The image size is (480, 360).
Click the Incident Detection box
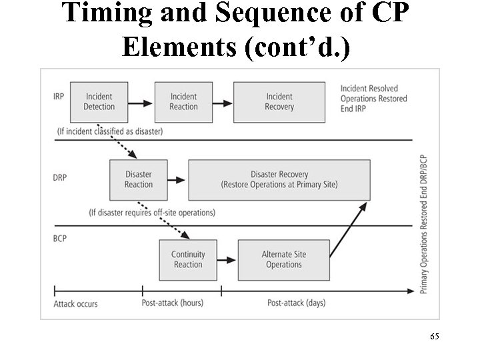pyautogui.click(x=99, y=102)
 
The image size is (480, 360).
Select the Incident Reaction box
pyautogui.click(x=183, y=102)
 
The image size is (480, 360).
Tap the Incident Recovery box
pyautogui.click(x=279, y=102)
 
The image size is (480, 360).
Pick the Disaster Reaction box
pyautogui.click(x=139, y=180)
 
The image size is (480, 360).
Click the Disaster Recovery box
pyautogui.click(x=279, y=180)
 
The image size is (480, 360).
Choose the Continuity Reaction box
pyautogui.click(x=188, y=260)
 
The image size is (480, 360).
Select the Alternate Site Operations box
pyautogui.click(x=284, y=260)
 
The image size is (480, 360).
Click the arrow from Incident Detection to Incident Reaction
pyautogui.click(x=141, y=103)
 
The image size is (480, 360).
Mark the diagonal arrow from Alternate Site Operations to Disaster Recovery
pyautogui.click(x=348, y=231)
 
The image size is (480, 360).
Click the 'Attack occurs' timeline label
pyautogui.click(x=75, y=304)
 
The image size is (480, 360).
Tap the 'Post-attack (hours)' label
pyautogui.click(x=173, y=303)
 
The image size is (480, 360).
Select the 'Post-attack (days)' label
pyautogui.click(x=297, y=303)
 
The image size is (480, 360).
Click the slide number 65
pyautogui.click(x=434, y=338)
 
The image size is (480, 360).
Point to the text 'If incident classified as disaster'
pyautogui.click(x=110, y=131)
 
